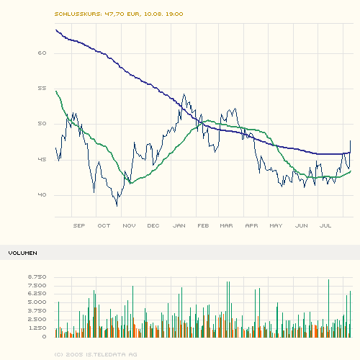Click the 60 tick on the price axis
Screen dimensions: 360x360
(x=42, y=53)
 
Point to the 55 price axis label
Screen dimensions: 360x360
(x=42, y=89)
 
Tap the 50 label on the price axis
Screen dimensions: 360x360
(x=42, y=124)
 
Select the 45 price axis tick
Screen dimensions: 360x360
(x=42, y=160)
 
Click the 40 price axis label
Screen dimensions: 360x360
(x=42, y=195)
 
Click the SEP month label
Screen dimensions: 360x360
(x=79, y=226)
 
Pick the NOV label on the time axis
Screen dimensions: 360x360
(x=129, y=226)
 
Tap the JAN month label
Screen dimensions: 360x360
(x=179, y=226)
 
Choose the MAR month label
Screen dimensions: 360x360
(x=227, y=226)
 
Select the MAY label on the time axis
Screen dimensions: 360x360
(x=276, y=226)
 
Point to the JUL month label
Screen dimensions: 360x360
(x=325, y=226)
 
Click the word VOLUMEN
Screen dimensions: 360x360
(x=23, y=253)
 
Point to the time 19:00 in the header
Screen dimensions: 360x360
(x=174, y=14)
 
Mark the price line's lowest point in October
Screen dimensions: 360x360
(x=117, y=206)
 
